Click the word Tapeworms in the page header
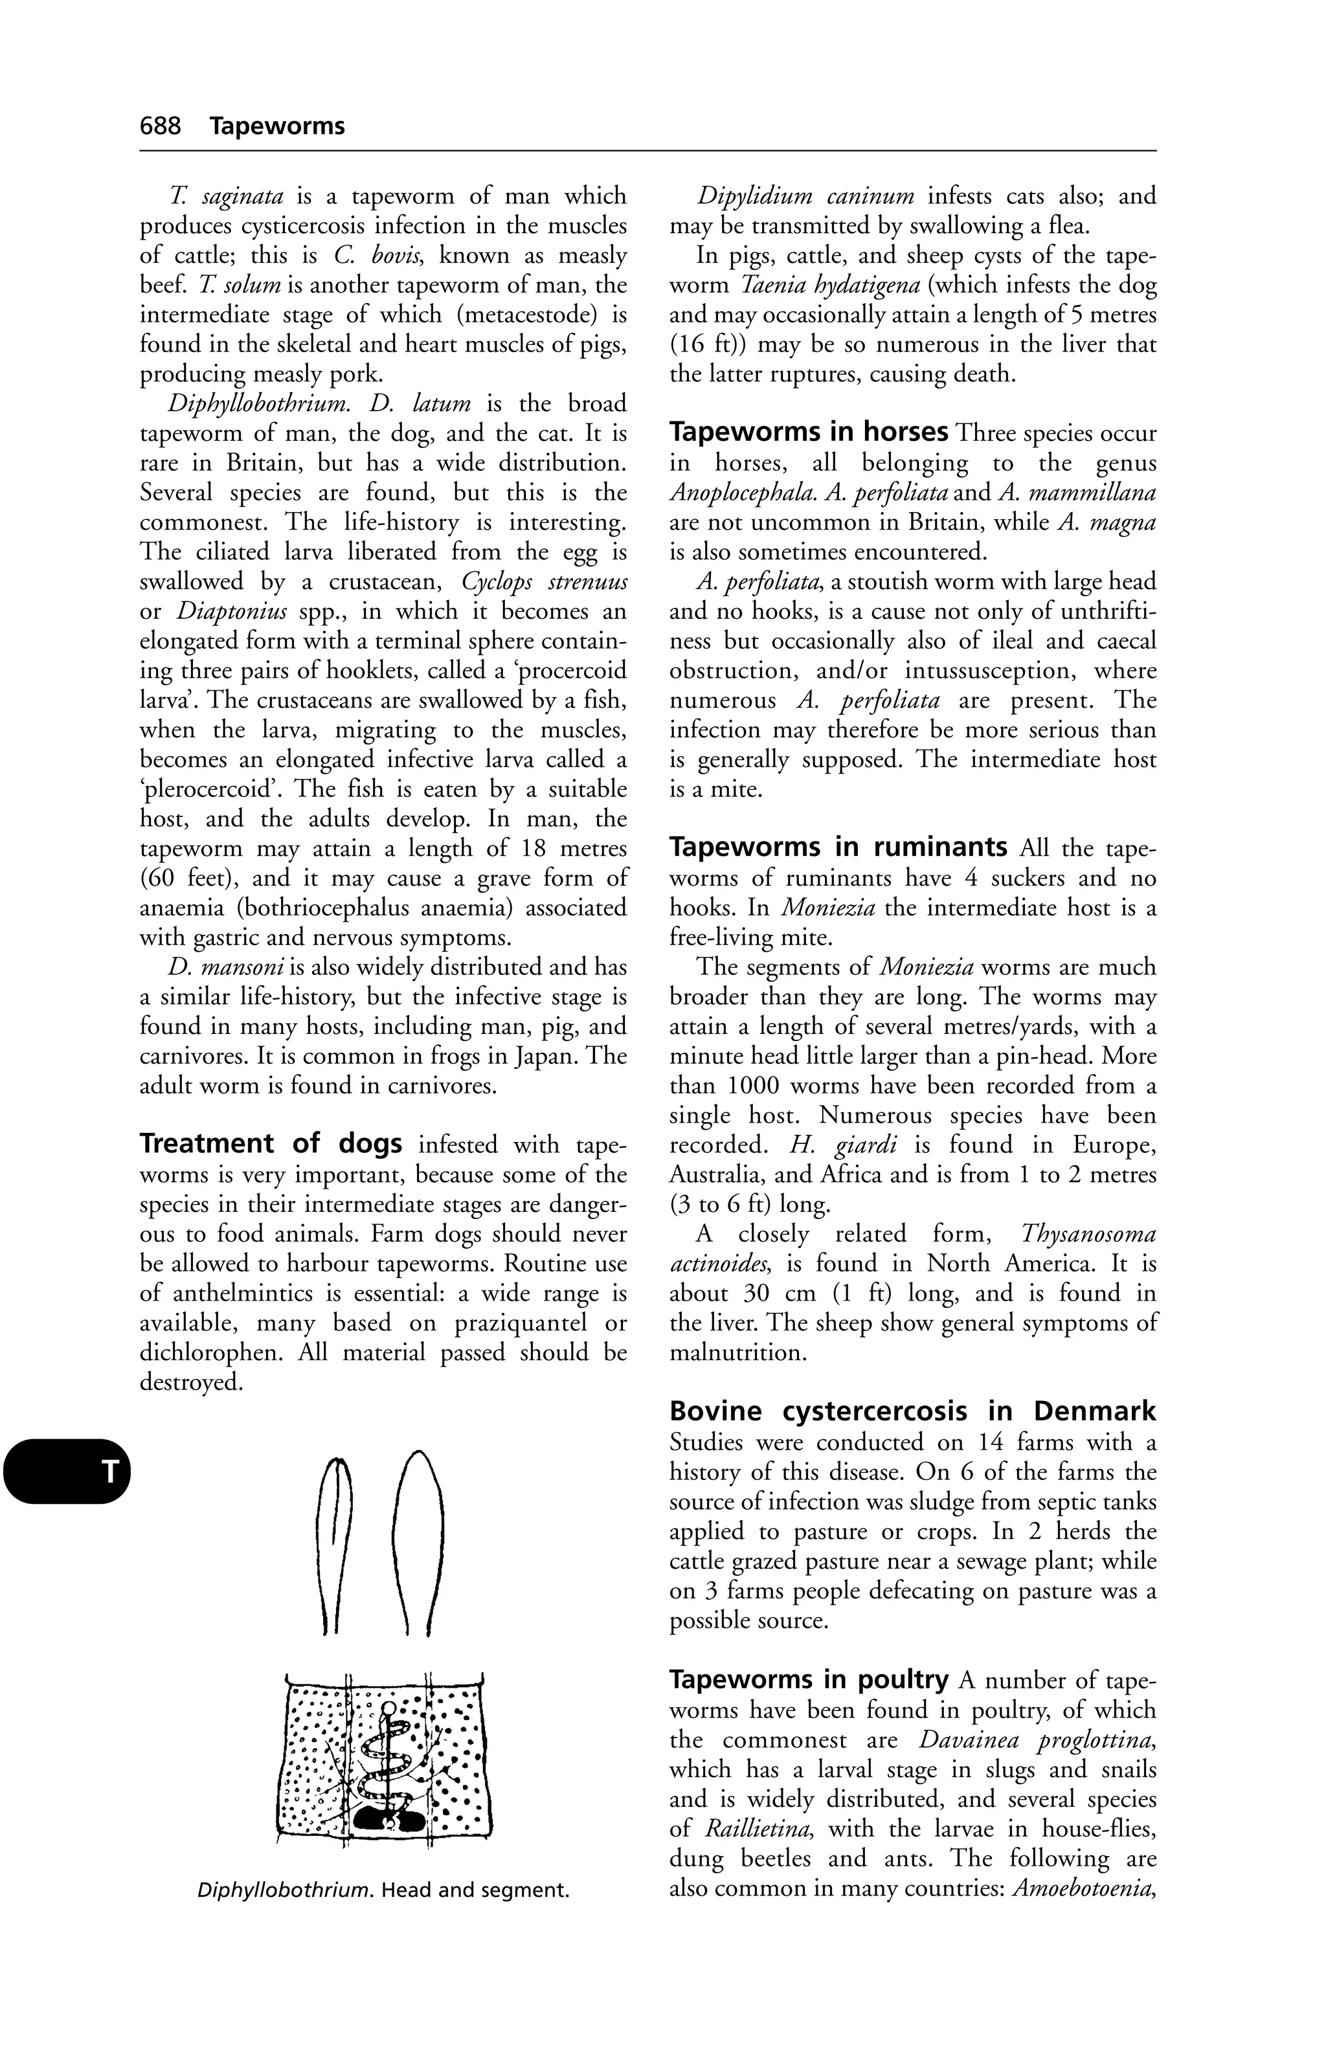click(x=276, y=126)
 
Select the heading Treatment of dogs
click(x=271, y=1144)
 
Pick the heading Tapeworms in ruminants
click(x=838, y=847)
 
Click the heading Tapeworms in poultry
click(x=809, y=1679)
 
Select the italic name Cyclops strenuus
click(x=544, y=582)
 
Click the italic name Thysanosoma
click(x=1088, y=1234)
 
